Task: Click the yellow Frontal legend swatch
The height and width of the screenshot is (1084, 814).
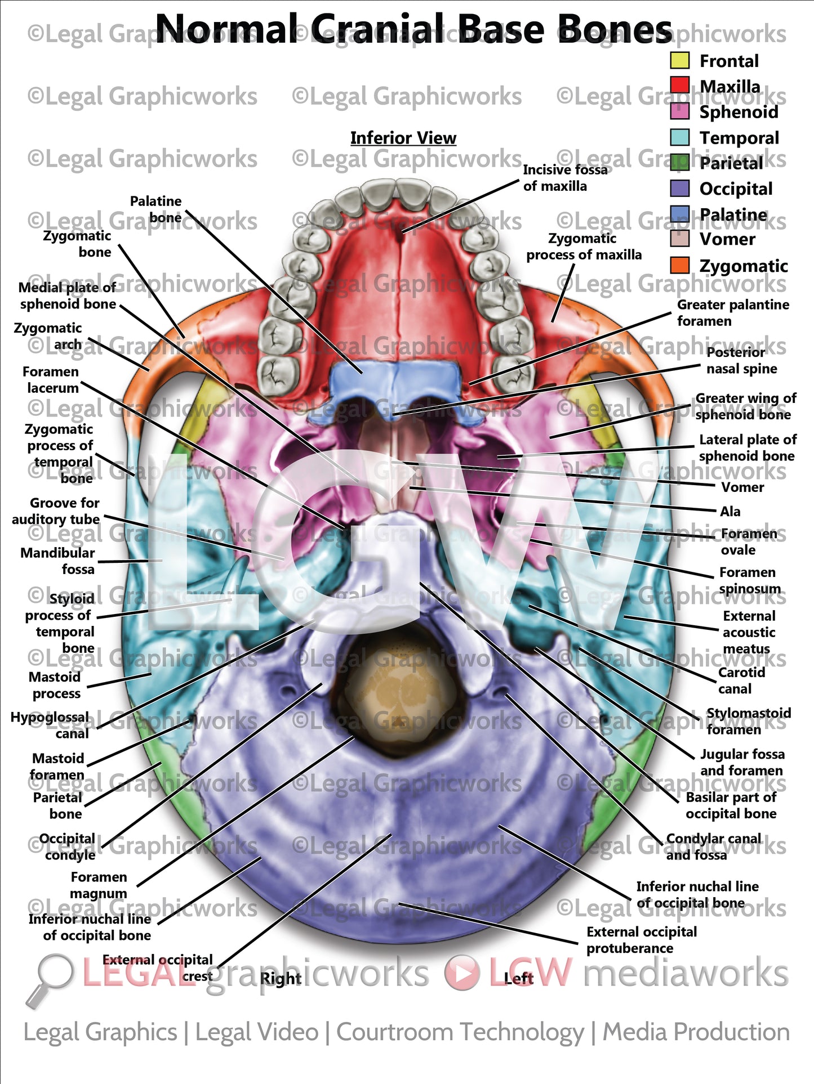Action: [x=679, y=61]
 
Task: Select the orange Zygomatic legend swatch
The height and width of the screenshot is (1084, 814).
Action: [x=679, y=266]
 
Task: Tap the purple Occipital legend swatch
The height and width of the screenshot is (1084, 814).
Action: [x=679, y=189]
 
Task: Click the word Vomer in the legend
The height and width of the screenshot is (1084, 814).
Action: [x=727, y=239]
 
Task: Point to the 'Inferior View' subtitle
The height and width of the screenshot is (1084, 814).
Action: [x=403, y=138]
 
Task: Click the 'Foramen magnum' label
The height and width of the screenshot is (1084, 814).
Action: [x=99, y=885]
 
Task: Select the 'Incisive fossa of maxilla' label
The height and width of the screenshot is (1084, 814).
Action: [x=564, y=178]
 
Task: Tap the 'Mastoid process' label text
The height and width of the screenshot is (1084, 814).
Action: [x=55, y=685]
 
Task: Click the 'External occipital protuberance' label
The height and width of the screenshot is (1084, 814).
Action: [x=641, y=940]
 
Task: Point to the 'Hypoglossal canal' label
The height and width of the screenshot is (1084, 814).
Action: [x=50, y=725]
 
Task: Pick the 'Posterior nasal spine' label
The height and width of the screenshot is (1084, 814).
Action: [x=741, y=360]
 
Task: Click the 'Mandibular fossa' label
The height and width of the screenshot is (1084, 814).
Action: [x=57, y=561]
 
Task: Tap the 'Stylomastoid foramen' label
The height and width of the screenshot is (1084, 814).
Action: [x=748, y=721]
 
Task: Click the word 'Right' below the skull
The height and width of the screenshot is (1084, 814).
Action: [x=281, y=979]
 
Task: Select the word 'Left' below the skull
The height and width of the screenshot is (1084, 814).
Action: [x=518, y=978]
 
